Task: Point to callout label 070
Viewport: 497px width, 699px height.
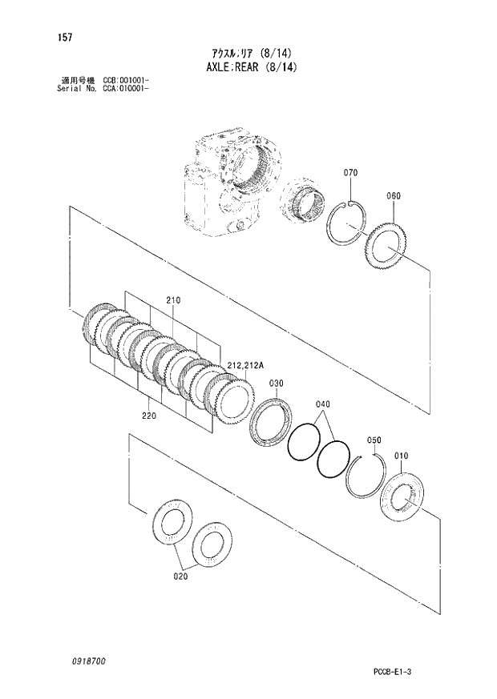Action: [x=350, y=173]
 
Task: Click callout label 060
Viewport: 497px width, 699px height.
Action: [x=393, y=196]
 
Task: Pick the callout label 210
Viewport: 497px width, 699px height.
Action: [x=174, y=299]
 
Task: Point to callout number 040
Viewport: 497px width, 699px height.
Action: [x=323, y=404]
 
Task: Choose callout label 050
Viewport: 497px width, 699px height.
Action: [x=374, y=440]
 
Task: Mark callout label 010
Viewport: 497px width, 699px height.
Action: [x=402, y=456]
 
